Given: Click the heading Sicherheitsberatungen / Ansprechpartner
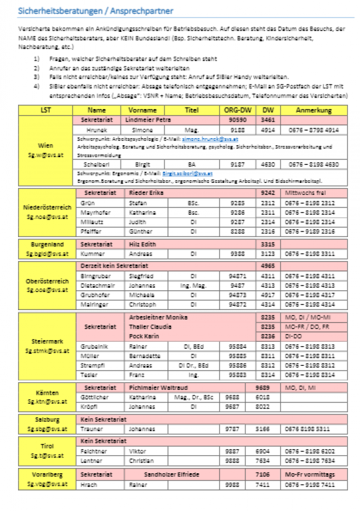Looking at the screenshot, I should pyautogui.click(x=95, y=11).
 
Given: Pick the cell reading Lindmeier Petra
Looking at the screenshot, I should pyautogui.click(x=148, y=120).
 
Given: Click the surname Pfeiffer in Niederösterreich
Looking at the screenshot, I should pyautogui.click(x=91, y=231).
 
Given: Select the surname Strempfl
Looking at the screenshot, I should pyautogui.click(x=92, y=364).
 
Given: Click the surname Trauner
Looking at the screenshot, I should pyautogui.click(x=91, y=429).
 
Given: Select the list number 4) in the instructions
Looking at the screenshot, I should pyautogui.click(x=37, y=85).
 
